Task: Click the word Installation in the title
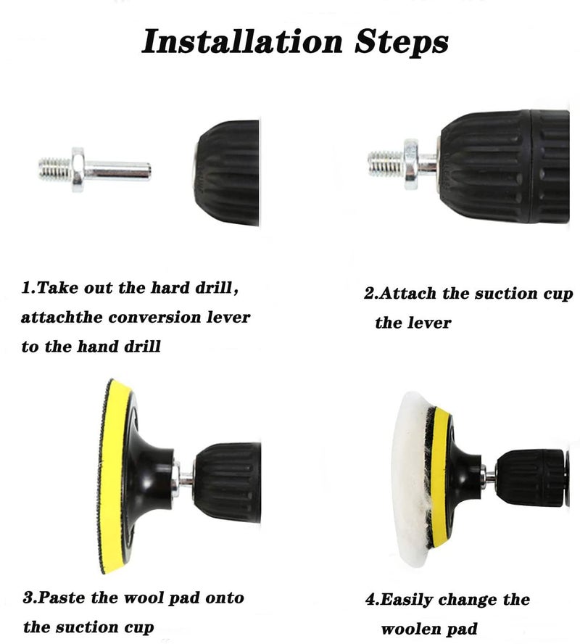coord(242,41)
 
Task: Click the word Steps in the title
coord(402,43)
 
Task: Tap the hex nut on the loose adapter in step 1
coord(78,170)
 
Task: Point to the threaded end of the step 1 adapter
coord(55,169)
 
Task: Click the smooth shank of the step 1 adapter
coord(117,171)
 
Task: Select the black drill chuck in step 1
coord(227,173)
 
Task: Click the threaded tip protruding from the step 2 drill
coord(386,163)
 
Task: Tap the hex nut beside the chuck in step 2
coord(411,165)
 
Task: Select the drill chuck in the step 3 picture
coord(228,482)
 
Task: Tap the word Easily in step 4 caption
coord(405,600)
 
